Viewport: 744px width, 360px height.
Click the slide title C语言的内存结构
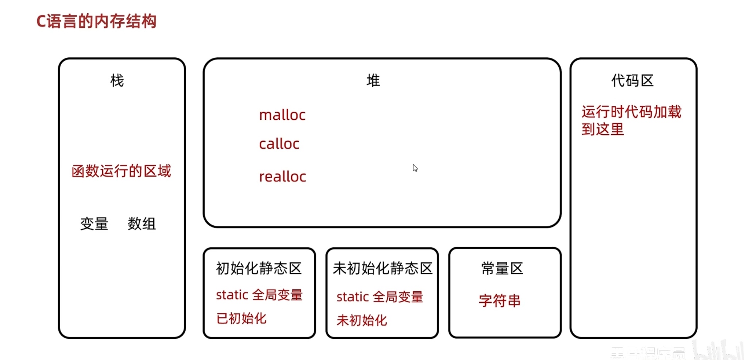(96, 21)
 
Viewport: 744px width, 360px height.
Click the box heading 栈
(117, 80)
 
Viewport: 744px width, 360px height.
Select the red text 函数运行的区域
(121, 171)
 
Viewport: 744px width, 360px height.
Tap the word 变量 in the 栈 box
(94, 223)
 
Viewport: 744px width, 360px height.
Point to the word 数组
(142, 223)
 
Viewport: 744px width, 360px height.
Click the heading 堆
(373, 80)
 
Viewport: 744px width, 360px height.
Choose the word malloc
(282, 115)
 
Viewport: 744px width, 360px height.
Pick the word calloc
(279, 144)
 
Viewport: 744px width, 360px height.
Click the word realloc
(282, 177)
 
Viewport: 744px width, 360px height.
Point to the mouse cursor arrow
(415, 168)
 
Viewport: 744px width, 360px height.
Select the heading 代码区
(632, 81)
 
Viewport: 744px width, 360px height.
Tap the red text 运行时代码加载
(631, 112)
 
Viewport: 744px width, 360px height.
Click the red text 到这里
(602, 129)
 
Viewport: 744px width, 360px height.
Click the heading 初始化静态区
(259, 268)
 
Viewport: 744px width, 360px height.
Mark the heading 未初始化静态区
(382, 268)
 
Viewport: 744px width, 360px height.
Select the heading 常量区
(502, 268)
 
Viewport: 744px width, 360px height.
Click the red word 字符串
(500, 300)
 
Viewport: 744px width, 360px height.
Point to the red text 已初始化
(241, 318)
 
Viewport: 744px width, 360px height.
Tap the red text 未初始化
(362, 320)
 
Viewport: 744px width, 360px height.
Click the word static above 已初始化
(232, 295)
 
